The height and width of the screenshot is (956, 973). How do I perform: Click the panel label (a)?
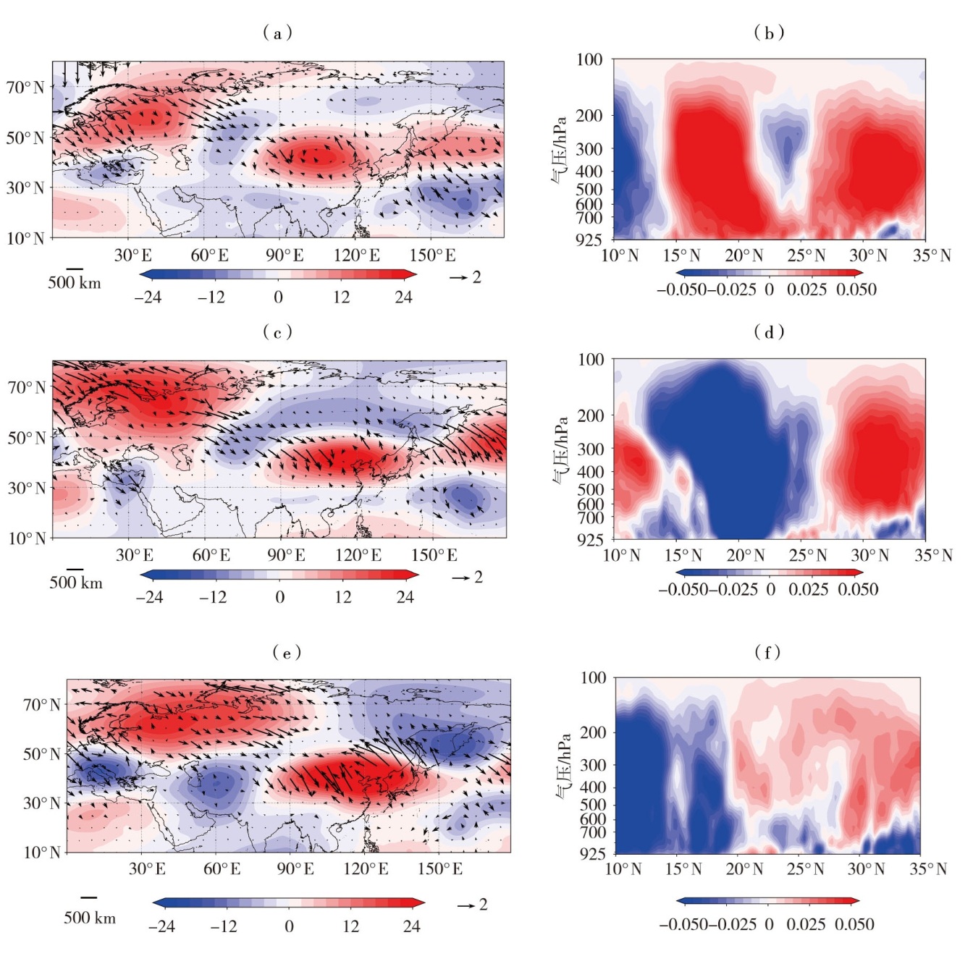[277, 33]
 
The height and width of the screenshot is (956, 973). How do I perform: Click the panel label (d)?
[769, 331]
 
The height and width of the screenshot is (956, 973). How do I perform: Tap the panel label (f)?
[767, 652]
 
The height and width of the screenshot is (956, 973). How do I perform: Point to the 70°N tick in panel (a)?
[25, 88]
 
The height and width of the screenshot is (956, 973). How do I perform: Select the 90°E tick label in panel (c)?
[286, 555]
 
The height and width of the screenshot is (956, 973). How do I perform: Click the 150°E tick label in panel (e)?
[439, 868]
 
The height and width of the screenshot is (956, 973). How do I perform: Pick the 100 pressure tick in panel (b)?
[589, 59]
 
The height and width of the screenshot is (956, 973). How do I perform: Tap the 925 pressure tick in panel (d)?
[591, 539]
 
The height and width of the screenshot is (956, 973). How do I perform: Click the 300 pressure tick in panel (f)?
[593, 765]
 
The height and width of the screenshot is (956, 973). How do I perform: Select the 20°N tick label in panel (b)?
[744, 255]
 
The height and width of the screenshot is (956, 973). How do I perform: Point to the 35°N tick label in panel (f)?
[928, 868]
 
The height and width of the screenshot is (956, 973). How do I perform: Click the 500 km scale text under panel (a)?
[75, 282]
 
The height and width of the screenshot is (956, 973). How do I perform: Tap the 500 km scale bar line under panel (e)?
[89, 897]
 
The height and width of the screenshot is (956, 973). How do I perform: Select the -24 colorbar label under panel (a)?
[148, 297]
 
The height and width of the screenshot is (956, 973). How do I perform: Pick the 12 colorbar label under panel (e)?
[350, 926]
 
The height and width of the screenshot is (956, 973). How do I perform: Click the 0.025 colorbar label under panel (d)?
[808, 589]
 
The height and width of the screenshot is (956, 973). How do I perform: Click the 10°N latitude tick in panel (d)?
[622, 555]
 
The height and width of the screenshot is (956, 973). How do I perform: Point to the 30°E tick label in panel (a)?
[132, 255]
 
